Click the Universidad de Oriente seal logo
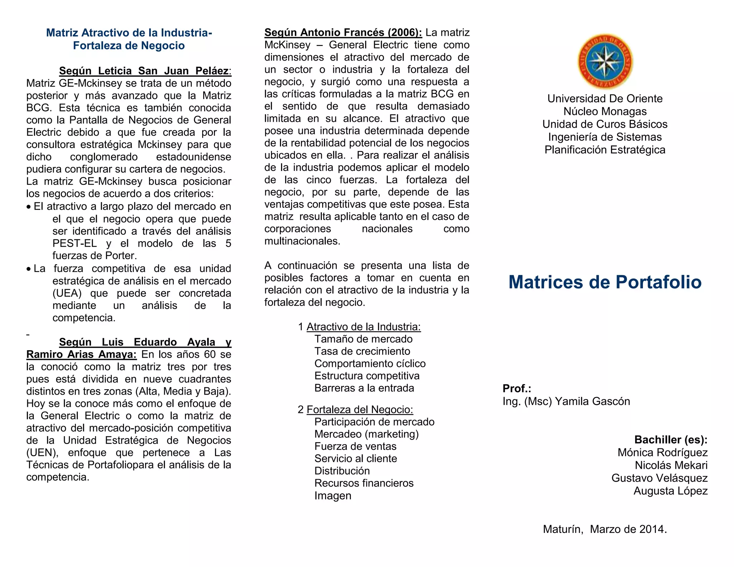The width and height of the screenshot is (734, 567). point(605,62)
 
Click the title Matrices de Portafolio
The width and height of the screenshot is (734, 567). point(605,282)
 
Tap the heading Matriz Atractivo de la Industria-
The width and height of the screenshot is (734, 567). point(129,33)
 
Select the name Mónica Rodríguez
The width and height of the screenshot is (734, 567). point(662,452)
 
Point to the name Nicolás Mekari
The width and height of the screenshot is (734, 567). point(671,465)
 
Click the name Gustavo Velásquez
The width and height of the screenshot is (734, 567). point(659,478)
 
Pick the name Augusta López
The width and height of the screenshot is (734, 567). point(670,491)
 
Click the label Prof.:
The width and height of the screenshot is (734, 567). point(517,388)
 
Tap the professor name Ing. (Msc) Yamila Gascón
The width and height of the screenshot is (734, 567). point(566,401)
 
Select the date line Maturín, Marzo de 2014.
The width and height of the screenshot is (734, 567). point(605,529)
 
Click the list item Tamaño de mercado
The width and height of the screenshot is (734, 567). point(363,339)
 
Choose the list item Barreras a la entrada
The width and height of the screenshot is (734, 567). point(364,388)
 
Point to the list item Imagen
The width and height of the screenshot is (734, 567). point(333,496)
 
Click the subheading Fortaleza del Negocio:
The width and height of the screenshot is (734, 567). point(360,409)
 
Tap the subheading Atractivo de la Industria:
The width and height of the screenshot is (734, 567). point(363,327)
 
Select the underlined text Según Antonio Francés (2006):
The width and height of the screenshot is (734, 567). point(343,33)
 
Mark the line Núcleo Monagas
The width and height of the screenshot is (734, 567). point(605,111)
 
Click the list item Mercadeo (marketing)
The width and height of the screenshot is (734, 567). point(366,434)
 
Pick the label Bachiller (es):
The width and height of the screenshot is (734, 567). point(671,439)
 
